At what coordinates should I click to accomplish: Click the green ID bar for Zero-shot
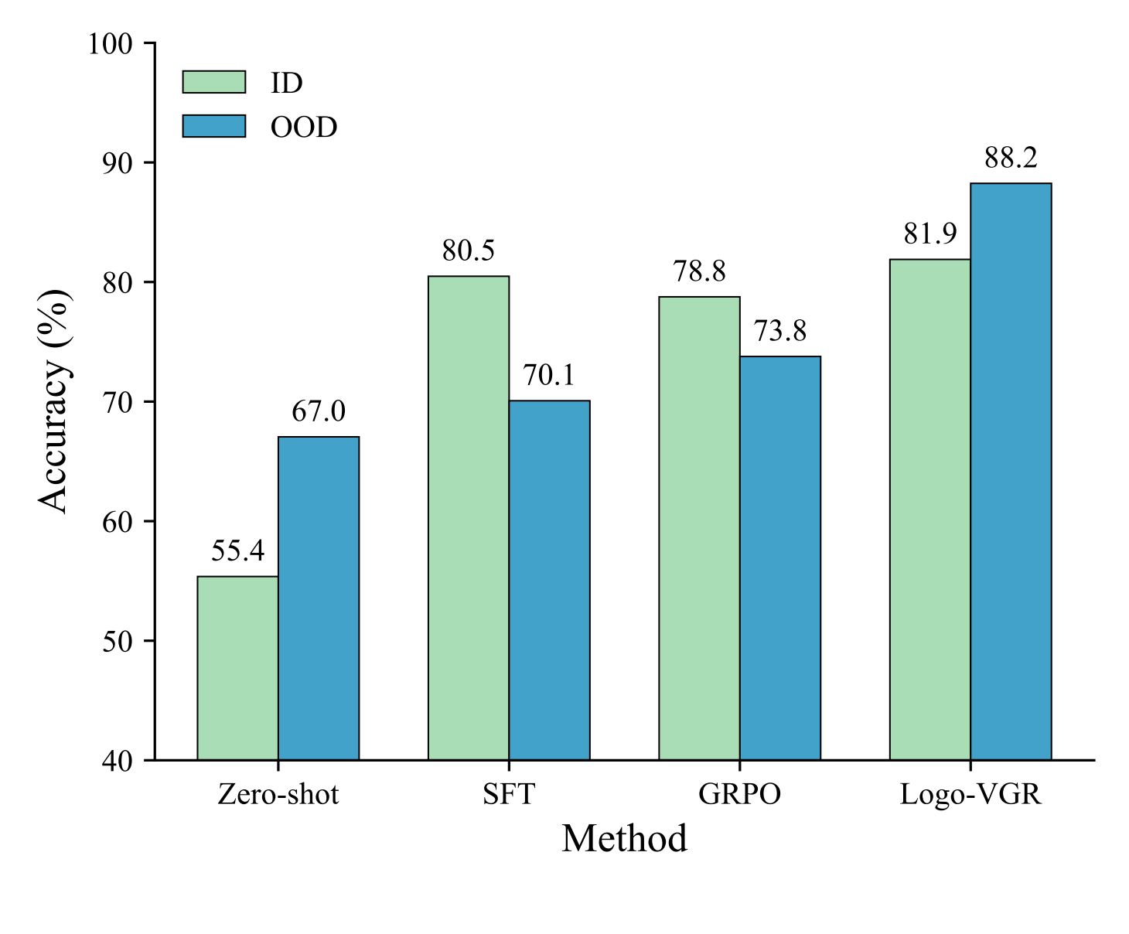(x=237, y=668)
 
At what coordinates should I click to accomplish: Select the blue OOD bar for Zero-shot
(x=319, y=598)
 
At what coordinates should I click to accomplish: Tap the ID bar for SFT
(x=469, y=518)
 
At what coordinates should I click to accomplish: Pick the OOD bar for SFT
(x=549, y=580)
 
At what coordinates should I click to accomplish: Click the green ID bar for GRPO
(x=699, y=528)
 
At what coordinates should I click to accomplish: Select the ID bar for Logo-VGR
(x=929, y=510)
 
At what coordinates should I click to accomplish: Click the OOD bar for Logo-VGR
(x=1011, y=472)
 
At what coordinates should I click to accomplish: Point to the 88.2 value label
(x=1011, y=159)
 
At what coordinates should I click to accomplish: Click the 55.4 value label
(x=237, y=551)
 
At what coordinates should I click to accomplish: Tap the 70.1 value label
(x=549, y=376)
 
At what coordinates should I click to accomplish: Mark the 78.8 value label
(x=699, y=272)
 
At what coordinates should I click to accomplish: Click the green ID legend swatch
(x=214, y=82)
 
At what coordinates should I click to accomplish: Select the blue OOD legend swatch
(x=214, y=126)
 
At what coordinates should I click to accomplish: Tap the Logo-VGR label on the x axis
(x=970, y=795)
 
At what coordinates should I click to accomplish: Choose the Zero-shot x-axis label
(x=278, y=795)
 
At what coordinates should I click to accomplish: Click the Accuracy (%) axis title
(x=54, y=401)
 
